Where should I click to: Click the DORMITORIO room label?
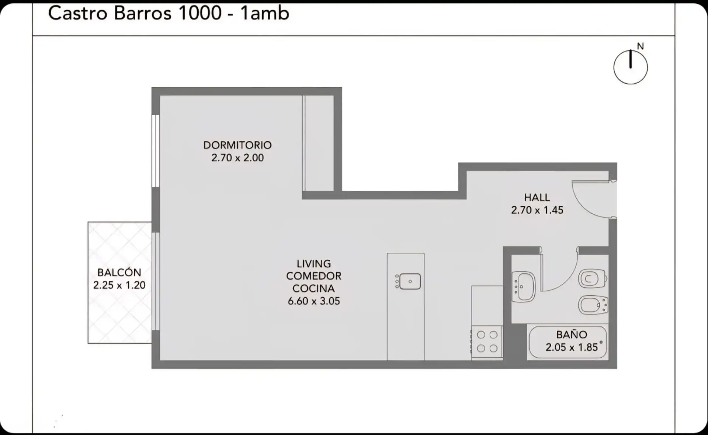click(x=237, y=145)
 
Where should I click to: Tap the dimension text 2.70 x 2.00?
click(x=237, y=158)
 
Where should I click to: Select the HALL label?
click(x=537, y=197)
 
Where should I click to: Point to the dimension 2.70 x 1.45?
click(x=537, y=210)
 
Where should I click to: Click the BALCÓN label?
click(x=119, y=272)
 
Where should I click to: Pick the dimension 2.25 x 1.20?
click(x=119, y=285)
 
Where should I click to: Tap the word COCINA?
click(x=313, y=288)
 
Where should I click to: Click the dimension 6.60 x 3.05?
click(x=314, y=301)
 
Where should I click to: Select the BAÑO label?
click(x=572, y=334)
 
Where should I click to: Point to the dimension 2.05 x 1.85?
click(x=572, y=347)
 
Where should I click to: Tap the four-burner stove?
click(x=487, y=341)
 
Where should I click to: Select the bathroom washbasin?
click(x=523, y=287)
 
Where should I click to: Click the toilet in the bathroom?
click(x=593, y=279)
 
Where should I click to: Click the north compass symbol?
click(x=630, y=67)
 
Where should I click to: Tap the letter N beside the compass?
click(x=640, y=46)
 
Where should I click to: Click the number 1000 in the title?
click(x=200, y=13)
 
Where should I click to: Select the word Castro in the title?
click(x=78, y=13)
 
